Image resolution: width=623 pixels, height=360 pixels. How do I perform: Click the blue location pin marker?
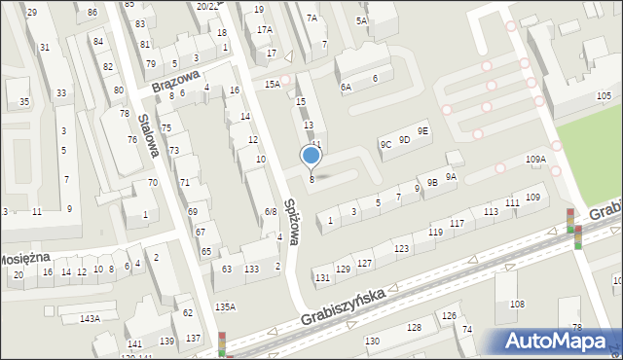tap(311, 156)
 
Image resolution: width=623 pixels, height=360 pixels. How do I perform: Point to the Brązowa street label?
tap(175, 80)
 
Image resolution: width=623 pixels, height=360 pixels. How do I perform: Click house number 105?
tap(604, 95)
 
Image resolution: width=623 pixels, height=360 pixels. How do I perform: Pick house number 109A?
tap(535, 159)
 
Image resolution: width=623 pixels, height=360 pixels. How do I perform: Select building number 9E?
tap(422, 131)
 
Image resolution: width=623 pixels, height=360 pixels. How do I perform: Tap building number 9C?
tap(385, 145)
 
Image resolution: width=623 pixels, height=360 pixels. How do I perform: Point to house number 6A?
tap(345, 87)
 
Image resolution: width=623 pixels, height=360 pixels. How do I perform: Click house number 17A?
tap(264, 30)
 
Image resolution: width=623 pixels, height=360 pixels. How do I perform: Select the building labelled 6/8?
tap(271, 211)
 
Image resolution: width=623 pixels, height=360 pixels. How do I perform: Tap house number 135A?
tap(225, 306)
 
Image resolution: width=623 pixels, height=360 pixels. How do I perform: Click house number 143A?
tap(90, 318)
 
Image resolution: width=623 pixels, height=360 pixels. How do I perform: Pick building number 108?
tap(517, 305)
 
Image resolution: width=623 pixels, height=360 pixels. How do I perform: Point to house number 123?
tap(401, 250)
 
